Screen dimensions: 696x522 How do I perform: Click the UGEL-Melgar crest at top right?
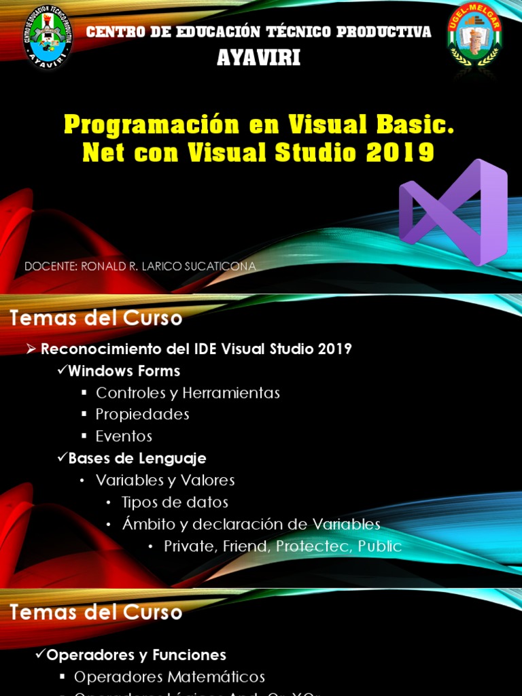[474, 37]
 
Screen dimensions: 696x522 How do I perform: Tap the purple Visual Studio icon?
[453, 212]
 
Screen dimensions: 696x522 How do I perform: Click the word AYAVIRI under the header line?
[258, 59]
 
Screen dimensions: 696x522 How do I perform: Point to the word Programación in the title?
[152, 125]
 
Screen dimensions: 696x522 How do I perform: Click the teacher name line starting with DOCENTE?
[140, 266]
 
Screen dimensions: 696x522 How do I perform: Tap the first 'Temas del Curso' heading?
[96, 318]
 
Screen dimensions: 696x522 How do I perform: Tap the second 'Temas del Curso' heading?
[96, 612]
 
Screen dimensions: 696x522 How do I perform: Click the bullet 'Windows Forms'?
[124, 371]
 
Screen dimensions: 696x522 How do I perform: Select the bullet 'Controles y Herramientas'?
[188, 393]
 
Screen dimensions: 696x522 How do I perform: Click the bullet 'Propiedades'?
[142, 415]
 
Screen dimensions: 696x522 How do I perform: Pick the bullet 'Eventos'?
[124, 436]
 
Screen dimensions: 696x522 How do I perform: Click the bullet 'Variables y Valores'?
[165, 481]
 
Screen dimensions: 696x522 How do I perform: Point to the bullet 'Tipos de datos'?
[175, 502]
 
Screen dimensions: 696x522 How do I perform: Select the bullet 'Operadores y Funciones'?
[136, 655]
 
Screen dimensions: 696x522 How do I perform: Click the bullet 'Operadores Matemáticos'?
[169, 677]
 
